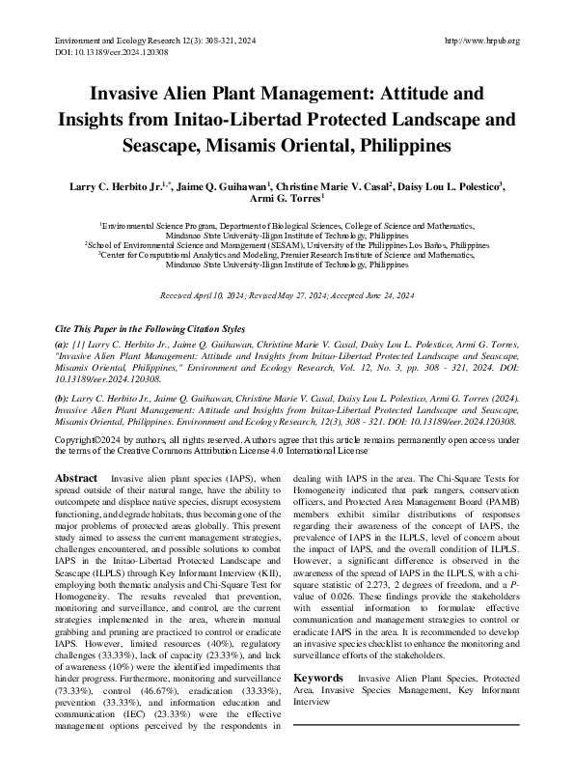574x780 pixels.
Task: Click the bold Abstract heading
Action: pos(76,479)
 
